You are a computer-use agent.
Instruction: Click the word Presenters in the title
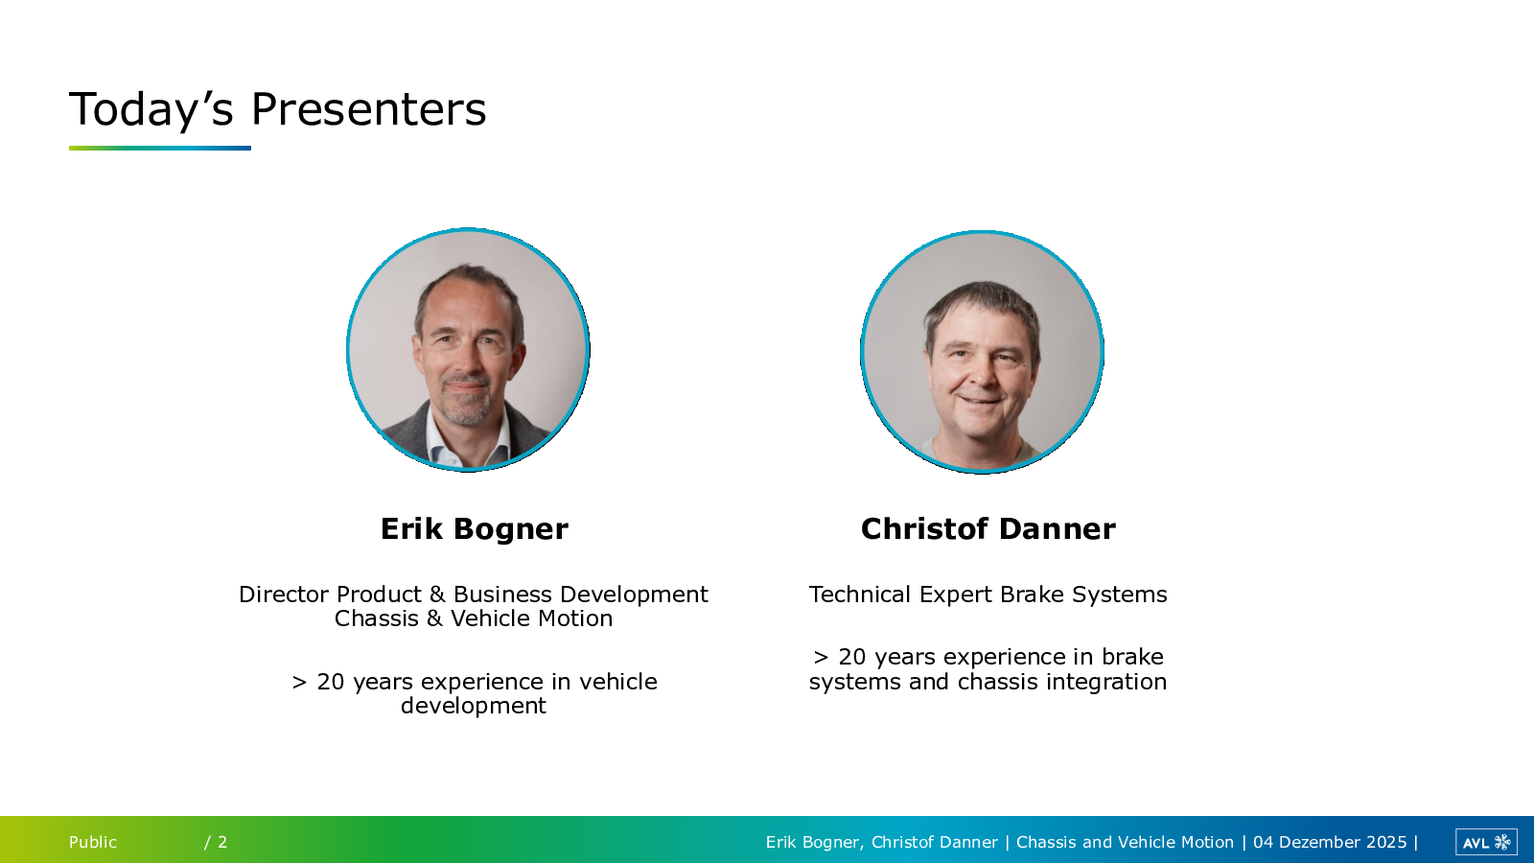368,109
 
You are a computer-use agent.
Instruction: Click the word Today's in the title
151,110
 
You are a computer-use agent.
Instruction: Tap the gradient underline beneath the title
159,148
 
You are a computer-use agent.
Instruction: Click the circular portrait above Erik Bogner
469,349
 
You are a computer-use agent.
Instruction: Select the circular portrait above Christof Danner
982,352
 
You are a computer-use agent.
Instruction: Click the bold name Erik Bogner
474,528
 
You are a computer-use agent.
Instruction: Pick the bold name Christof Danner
988,528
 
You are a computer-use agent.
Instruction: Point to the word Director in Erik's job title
284,594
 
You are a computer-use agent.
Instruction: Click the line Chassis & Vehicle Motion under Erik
474,618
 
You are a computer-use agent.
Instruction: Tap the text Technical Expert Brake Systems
988,595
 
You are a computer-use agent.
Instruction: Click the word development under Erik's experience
474,706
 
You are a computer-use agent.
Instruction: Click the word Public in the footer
92,842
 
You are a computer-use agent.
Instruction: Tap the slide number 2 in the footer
221,842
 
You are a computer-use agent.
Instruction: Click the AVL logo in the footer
1486,842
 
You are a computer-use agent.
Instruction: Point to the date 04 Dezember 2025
1330,842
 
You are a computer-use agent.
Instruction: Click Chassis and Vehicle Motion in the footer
1125,842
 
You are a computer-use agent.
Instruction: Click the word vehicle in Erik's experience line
618,682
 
